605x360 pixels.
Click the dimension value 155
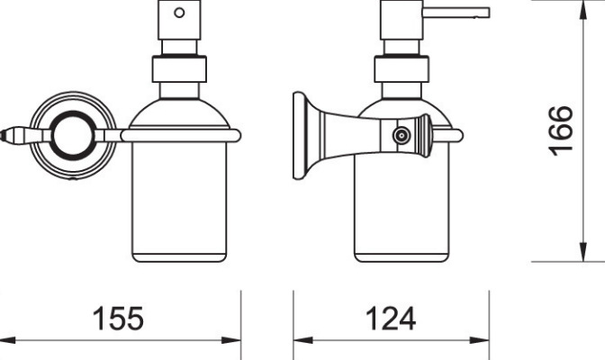coord(119,318)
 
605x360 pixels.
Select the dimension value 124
coord(390,318)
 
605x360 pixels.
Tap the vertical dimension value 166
coord(561,130)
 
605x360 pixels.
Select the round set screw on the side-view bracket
coord(399,136)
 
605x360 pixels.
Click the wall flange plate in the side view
coord(298,136)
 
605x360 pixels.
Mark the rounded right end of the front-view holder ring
coord(238,136)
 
